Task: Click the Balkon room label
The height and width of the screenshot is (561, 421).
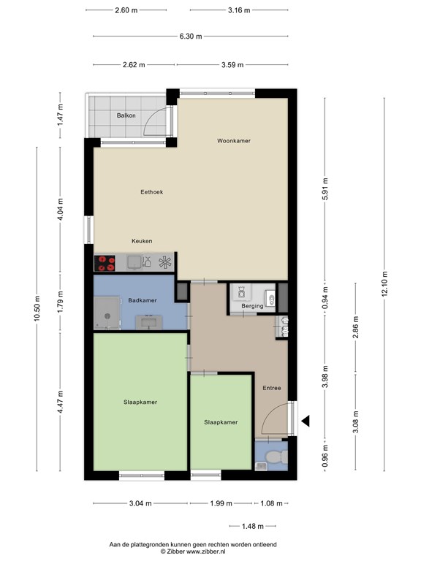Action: pos(126,115)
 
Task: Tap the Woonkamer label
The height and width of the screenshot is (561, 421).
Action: pos(234,141)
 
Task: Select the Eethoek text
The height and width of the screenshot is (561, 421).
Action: pos(152,192)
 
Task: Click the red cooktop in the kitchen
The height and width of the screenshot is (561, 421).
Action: pos(105,263)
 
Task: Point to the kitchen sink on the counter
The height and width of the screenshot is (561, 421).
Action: pos(134,263)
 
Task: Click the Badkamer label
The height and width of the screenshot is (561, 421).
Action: pos(143,300)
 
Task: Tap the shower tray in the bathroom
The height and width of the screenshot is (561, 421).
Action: pos(107,313)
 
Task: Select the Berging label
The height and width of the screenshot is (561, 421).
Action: pos(252,306)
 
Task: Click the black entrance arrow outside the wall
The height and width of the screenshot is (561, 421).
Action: pos(306,421)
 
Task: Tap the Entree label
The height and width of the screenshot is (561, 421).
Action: pos(272,388)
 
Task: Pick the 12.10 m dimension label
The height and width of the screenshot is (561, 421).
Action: pos(384,283)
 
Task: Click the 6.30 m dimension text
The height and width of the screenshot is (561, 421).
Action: pos(191,36)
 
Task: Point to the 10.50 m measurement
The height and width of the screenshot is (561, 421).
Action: pos(37,308)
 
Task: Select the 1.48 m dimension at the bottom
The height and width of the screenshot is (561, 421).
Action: pos(253,526)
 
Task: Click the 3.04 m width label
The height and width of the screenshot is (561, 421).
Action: pos(140,503)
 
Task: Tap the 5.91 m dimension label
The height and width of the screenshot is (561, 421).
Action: pos(325,188)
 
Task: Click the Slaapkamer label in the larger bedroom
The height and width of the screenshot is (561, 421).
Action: pos(140,402)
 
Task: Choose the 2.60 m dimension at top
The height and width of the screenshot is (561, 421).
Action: pos(126,10)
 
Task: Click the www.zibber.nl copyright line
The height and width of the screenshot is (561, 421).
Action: pos(193,552)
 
